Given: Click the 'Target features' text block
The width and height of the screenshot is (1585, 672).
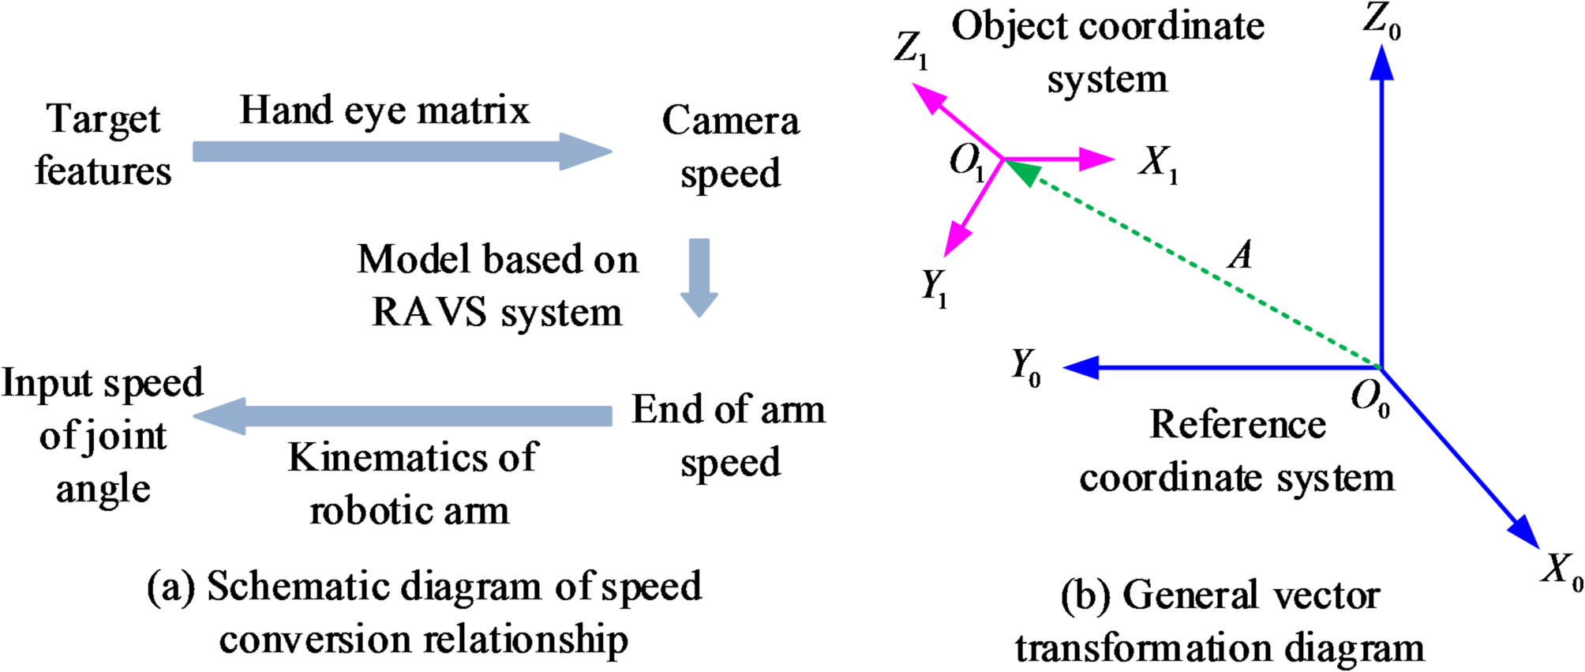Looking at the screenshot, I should [x=103, y=145].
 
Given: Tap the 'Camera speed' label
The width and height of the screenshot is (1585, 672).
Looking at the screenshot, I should [x=730, y=147].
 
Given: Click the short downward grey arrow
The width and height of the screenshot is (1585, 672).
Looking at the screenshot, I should [x=699, y=276].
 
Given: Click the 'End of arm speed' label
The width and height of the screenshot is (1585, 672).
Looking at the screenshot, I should [x=729, y=435].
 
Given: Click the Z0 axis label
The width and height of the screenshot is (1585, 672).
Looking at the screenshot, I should [x=1381, y=20].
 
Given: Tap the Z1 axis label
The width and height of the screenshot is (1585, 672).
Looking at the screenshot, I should [x=911, y=50].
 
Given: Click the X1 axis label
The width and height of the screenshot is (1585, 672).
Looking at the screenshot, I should [x=1157, y=164].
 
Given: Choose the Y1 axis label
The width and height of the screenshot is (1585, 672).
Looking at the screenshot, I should [x=934, y=287].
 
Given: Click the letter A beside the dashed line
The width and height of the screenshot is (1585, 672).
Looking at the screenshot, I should [x=1240, y=255].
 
